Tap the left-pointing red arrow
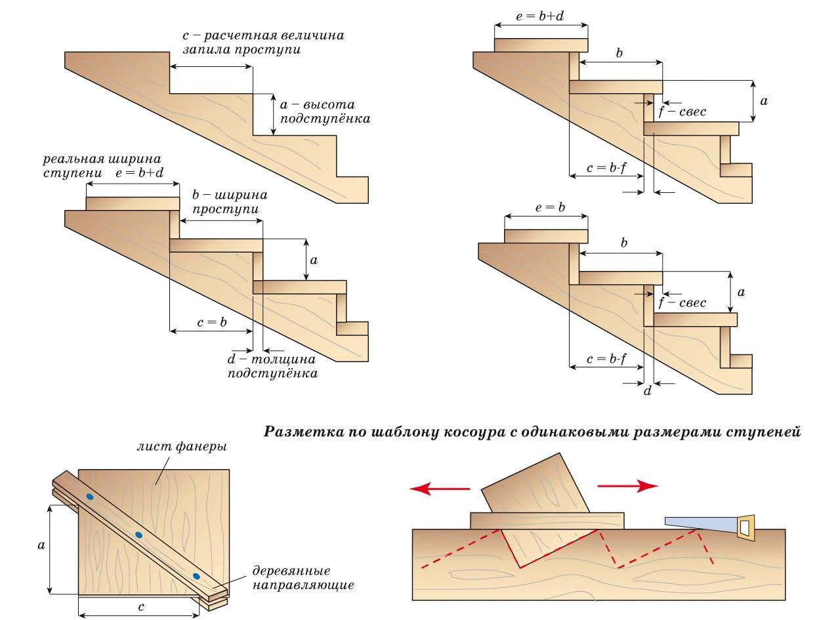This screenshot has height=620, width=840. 439,488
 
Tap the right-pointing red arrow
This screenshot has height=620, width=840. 627,486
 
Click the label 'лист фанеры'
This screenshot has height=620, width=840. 182,447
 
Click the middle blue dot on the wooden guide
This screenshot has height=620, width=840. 138,535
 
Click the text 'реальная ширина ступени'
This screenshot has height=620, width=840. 102,166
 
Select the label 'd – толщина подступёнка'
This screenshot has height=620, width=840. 272,366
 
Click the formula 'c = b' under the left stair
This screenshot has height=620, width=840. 211,322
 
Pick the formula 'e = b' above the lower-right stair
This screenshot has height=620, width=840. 550,208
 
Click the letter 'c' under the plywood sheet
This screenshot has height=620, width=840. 140,607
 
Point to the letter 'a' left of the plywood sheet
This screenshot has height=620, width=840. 41,545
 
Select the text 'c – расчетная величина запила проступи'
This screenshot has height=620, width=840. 262,41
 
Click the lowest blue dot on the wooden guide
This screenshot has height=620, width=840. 196,576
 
